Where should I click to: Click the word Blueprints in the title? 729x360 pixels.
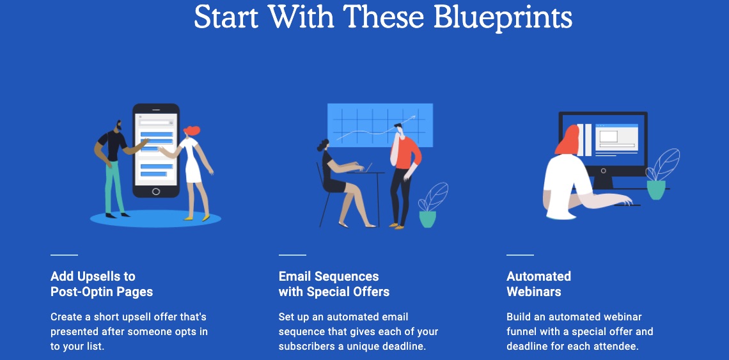(502, 17)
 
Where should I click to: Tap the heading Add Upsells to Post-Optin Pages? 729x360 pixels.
(102, 284)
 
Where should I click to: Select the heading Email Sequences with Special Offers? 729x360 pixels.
(334, 284)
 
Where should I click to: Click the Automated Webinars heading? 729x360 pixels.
(538, 284)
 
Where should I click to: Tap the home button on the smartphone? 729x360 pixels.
(156, 191)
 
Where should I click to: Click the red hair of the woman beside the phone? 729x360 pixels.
(192, 130)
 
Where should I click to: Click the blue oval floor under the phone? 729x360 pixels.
(155, 218)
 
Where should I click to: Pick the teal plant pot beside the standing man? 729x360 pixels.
(428, 219)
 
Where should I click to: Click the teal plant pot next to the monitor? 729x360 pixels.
(656, 190)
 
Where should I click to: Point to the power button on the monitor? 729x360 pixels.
(604, 171)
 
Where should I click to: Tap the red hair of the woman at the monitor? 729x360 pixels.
(567, 140)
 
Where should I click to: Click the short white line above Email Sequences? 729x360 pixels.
(292, 255)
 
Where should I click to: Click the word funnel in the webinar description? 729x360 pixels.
(521, 332)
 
